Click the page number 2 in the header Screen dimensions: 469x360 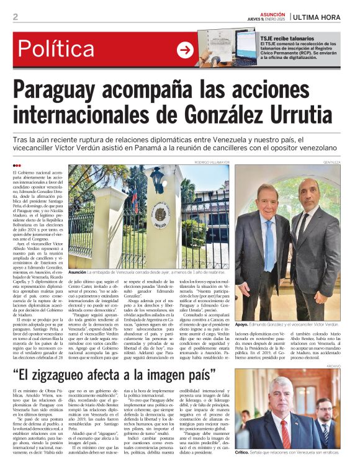[x=15, y=17]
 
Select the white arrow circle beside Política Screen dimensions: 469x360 [x=185, y=50]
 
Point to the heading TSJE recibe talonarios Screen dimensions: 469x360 [x=289, y=38]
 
